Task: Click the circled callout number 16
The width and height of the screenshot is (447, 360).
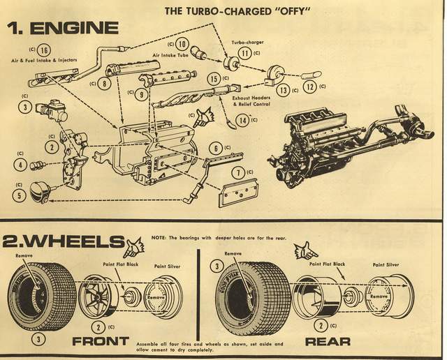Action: pyautogui.click(x=43, y=50)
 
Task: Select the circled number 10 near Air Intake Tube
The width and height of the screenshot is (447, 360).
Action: pyautogui.click(x=182, y=43)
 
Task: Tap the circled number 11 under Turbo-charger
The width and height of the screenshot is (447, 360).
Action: pyautogui.click(x=244, y=52)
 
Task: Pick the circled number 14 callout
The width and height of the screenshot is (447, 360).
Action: pyautogui.click(x=243, y=119)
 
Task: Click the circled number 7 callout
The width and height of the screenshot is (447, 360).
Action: pyautogui.click(x=238, y=172)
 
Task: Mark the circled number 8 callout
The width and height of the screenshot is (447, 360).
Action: pyautogui.click(x=103, y=83)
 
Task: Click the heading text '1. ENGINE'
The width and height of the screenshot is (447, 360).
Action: pyautogui.click(x=62, y=29)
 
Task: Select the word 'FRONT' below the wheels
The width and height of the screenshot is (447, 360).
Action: pyautogui.click(x=100, y=341)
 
